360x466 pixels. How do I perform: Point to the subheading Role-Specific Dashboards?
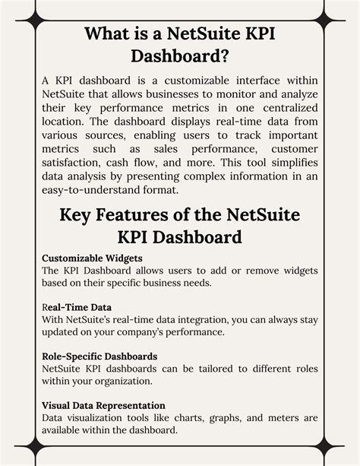[x=99, y=356]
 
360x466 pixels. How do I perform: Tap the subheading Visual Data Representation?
[x=103, y=405]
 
